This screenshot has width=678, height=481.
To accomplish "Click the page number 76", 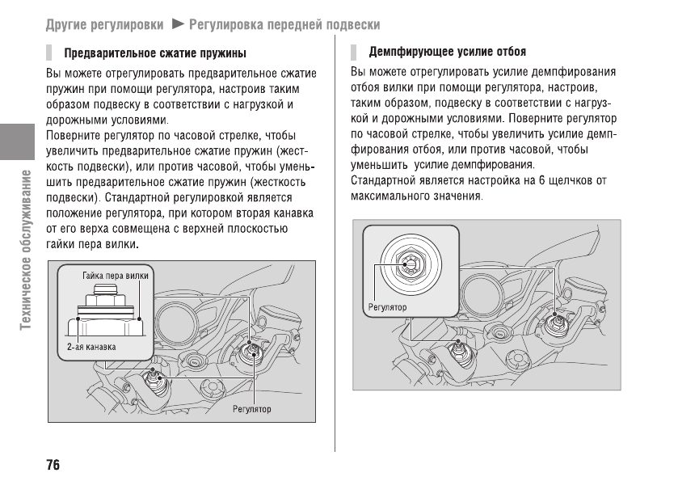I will (x=53, y=465).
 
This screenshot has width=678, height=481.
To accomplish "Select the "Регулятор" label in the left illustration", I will (x=252, y=409).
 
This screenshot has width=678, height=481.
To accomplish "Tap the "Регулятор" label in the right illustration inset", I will (x=388, y=307).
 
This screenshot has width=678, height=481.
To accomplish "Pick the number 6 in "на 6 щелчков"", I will (x=542, y=180).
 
